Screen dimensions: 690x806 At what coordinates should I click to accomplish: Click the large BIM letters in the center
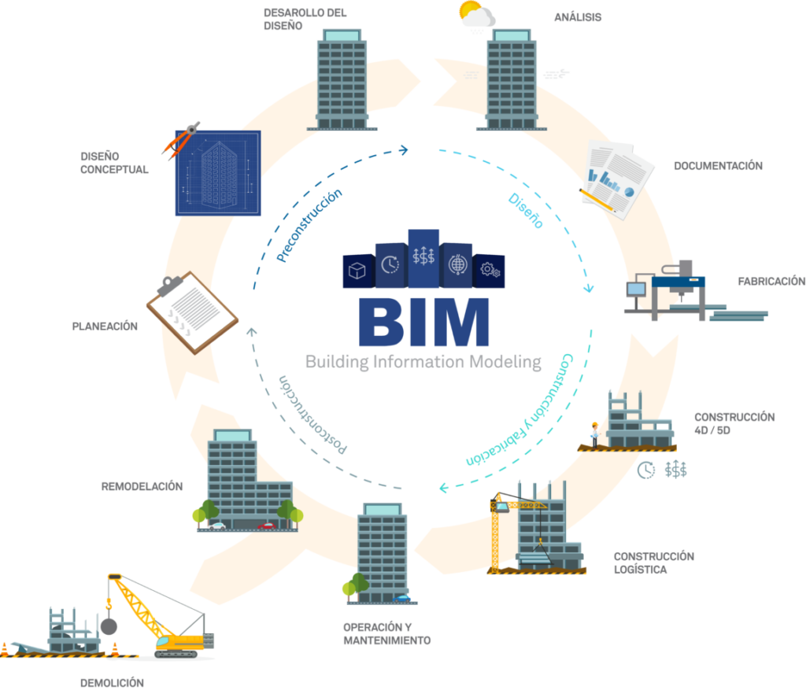[423, 321]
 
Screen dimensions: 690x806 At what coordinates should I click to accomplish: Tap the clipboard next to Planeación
[192, 312]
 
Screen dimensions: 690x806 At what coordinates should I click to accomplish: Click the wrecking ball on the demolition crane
[109, 626]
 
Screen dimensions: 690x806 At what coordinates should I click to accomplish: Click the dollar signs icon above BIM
[423, 256]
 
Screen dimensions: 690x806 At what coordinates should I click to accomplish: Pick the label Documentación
[718, 166]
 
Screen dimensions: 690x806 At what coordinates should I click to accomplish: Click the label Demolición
[112, 682]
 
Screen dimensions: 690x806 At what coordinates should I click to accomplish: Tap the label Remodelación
[142, 486]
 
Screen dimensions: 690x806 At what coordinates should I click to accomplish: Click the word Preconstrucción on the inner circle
[310, 226]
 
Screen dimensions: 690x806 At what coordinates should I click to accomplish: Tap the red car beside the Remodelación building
[268, 525]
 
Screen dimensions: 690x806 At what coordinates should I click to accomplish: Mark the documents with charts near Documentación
[618, 177]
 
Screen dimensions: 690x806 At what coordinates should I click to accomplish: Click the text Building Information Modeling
[423, 363]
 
